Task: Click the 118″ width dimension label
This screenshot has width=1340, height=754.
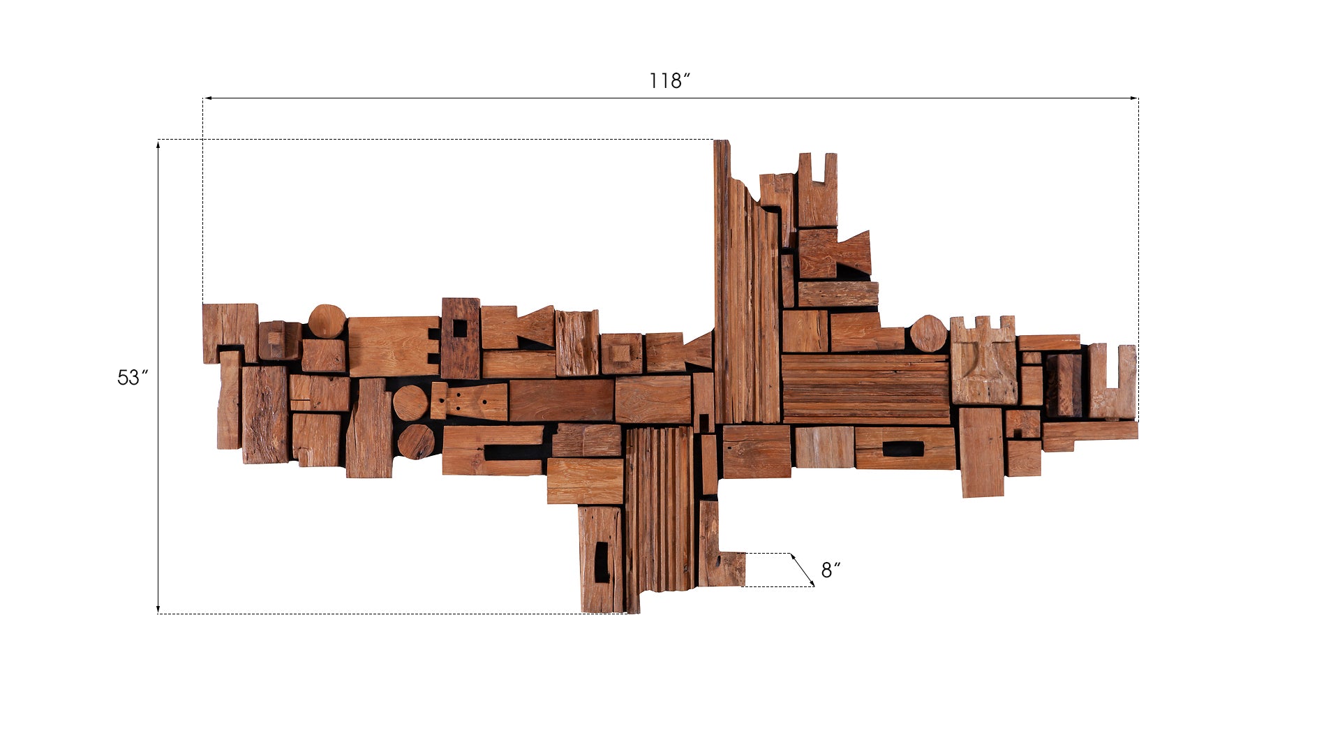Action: click(669, 81)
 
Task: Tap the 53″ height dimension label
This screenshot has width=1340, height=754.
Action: click(133, 378)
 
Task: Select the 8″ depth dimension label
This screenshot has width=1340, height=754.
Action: click(831, 570)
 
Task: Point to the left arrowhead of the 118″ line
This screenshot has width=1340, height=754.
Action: click(208, 98)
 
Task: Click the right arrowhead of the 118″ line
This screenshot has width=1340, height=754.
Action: click(1133, 98)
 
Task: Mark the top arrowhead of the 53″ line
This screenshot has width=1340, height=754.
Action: click(158, 145)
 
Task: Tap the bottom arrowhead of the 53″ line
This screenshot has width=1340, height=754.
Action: click(158, 609)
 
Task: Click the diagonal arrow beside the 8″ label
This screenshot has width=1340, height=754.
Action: click(803, 570)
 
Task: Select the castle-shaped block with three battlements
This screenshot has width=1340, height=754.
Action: click(983, 360)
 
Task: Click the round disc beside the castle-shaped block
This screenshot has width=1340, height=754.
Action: click(928, 334)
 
